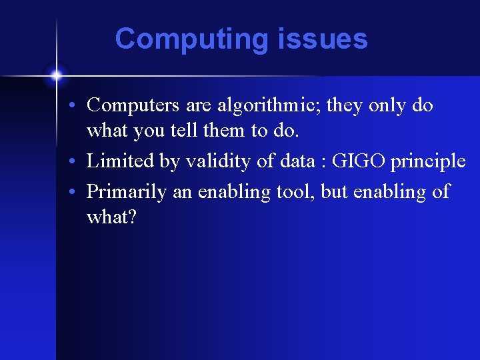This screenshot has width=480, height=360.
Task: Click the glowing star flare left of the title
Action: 57,75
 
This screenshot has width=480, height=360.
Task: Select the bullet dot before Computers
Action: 79,106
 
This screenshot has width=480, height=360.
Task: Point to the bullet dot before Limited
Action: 79,162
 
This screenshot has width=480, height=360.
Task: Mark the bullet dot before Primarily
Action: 79,193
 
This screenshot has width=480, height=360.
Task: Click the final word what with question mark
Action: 111,217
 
